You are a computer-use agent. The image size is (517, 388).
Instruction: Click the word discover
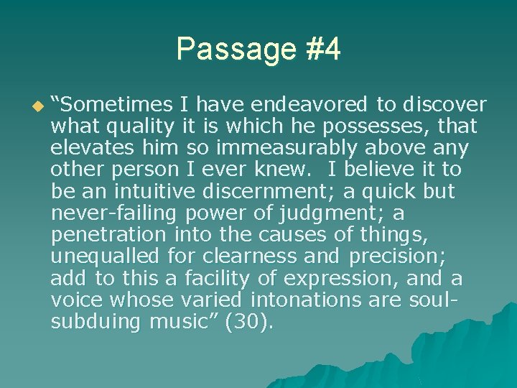click(444, 105)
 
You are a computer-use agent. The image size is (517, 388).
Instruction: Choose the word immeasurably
click(285, 148)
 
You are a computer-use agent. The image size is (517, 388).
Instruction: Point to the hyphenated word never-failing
click(115, 213)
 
